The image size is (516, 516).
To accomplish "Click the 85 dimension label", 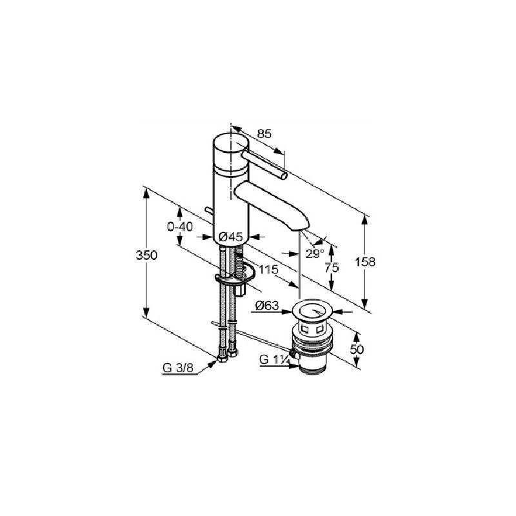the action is pos(264,134).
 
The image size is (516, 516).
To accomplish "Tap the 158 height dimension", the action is pos(365,262).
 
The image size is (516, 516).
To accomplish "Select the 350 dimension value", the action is pos(146,255).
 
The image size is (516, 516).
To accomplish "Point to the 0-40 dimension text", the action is pos(180,227).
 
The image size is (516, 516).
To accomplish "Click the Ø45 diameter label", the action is pos(231,237).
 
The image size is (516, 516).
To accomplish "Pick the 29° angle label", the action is pos(315,253).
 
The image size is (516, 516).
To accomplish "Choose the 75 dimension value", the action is pos(332,268).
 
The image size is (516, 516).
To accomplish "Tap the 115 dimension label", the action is pos(268,270).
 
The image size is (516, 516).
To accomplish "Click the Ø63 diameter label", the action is pos(267,306).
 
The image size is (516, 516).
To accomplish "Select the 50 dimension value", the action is pos(357,349).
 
